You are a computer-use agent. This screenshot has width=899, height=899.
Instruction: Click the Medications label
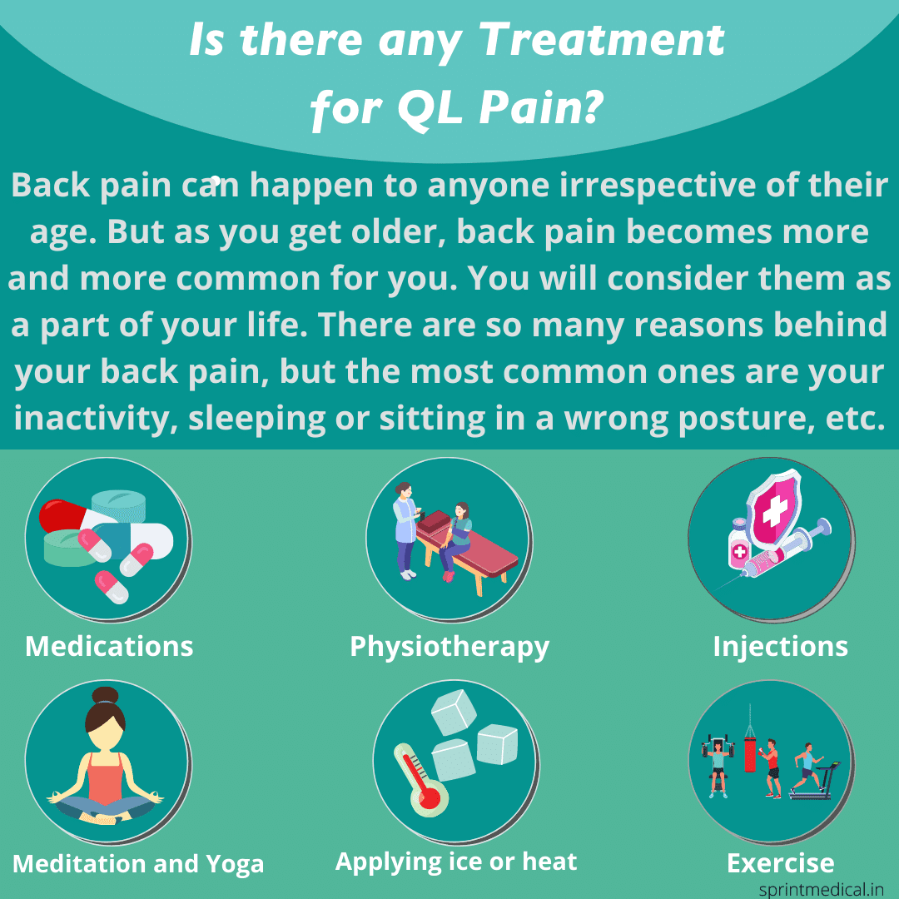(109, 646)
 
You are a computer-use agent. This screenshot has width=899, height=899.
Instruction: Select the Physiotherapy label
(449, 646)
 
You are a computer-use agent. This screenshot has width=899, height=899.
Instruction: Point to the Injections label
(780, 646)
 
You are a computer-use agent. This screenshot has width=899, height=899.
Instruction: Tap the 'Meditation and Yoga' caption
(138, 863)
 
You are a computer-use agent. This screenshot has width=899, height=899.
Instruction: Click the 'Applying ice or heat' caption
(456, 862)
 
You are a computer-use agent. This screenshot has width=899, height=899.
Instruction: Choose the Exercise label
(780, 863)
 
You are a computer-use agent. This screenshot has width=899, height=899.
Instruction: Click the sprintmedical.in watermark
(820, 887)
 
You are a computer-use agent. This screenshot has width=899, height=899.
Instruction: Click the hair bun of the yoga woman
(106, 696)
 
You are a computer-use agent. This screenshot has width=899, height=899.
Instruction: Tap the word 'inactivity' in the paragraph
(93, 418)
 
